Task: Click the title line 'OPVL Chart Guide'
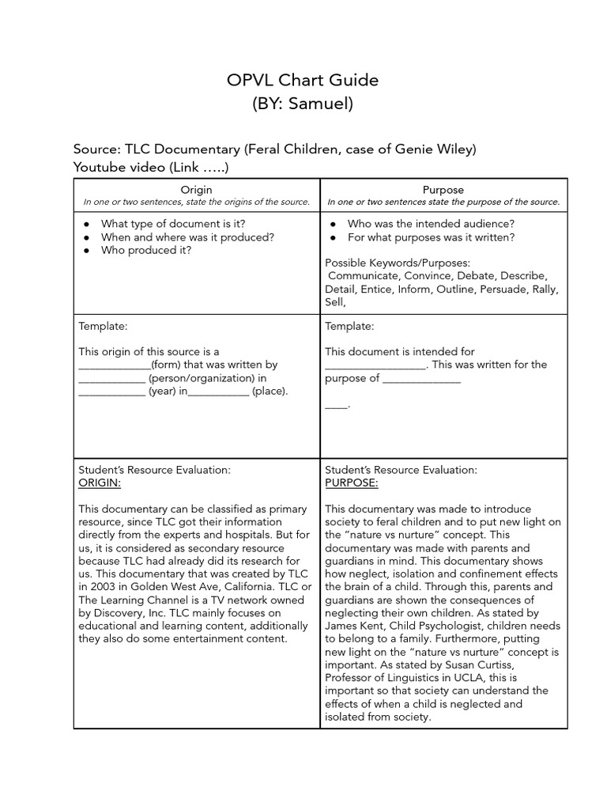[x=303, y=80]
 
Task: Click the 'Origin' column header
[x=196, y=190]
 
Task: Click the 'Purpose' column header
[x=443, y=190]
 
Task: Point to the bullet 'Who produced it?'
[x=146, y=250]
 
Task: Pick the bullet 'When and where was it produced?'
[x=187, y=237]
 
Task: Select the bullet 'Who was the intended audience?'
[x=431, y=224]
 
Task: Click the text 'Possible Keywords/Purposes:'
[x=397, y=262]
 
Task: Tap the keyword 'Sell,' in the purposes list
[x=336, y=302]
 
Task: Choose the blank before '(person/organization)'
[x=111, y=378]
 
